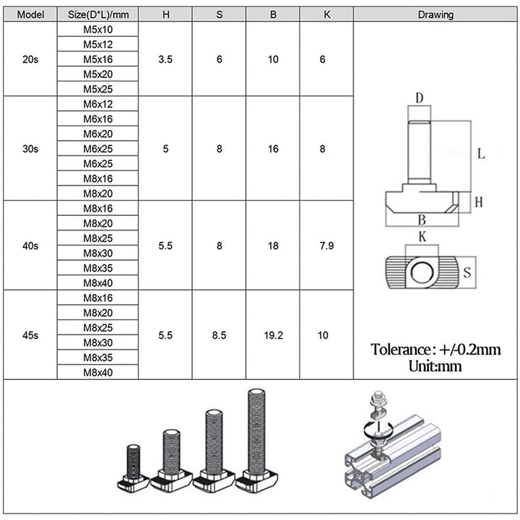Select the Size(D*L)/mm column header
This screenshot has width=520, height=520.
click(x=97, y=14)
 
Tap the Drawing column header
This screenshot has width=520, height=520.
click(x=435, y=14)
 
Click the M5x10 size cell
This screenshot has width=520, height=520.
click(x=97, y=30)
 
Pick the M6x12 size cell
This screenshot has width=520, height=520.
click(x=97, y=104)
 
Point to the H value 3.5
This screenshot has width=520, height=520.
click(x=165, y=59)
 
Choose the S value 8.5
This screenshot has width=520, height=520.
click(x=219, y=335)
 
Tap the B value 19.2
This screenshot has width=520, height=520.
click(x=273, y=335)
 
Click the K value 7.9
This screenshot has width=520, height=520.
click(x=327, y=246)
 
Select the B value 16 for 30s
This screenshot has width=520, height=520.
click(x=273, y=149)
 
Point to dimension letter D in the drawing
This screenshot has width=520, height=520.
click(x=419, y=97)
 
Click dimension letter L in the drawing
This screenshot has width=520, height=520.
click(x=481, y=154)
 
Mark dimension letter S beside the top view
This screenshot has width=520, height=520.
click(x=467, y=273)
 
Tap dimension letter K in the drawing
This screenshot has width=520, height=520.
click(x=422, y=236)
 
